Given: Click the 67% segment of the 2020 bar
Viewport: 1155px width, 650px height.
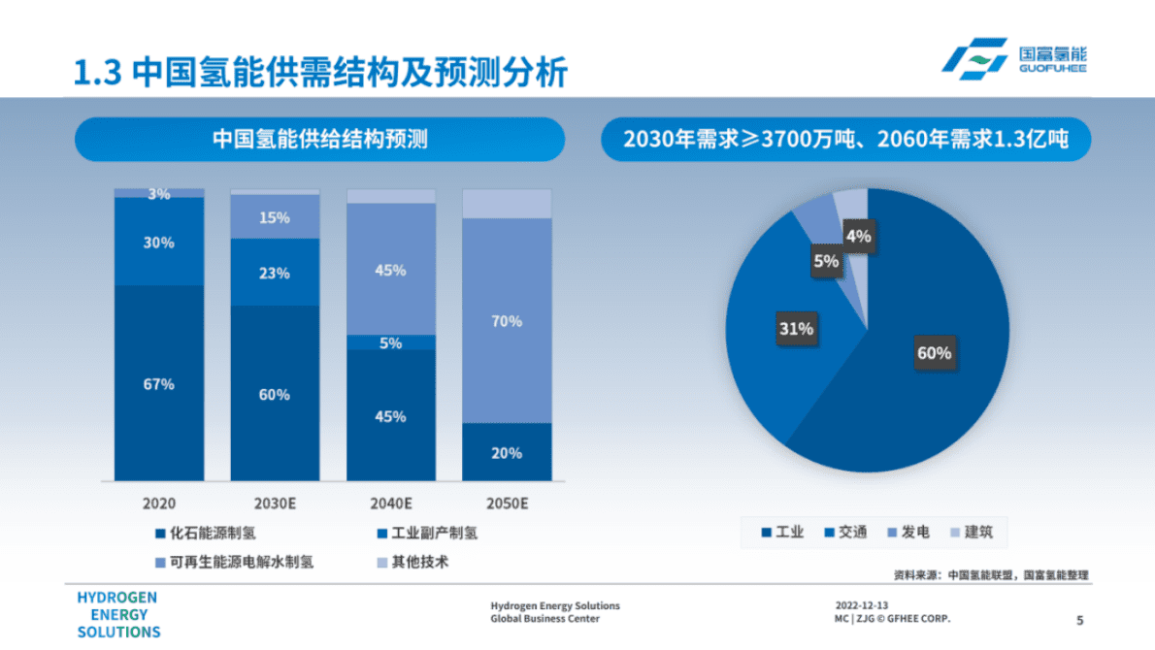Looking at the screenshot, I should tap(159, 384).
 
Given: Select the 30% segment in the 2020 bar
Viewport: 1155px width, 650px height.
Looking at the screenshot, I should tap(159, 242).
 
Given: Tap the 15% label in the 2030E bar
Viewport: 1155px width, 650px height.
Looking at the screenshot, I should tap(274, 218).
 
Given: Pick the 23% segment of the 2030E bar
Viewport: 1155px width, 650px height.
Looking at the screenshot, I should tap(274, 274).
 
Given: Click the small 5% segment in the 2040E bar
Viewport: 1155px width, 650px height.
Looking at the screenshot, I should tap(390, 342).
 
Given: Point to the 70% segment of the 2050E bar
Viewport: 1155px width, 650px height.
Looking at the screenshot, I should tap(507, 321).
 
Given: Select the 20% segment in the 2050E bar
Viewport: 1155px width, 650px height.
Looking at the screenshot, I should tap(507, 452).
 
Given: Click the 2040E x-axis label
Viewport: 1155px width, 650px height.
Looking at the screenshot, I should tap(390, 504).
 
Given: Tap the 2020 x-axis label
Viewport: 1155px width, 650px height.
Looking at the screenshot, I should tap(159, 504).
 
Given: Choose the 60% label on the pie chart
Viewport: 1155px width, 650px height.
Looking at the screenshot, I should tap(934, 353).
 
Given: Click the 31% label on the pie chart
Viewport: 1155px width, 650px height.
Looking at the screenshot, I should tap(795, 329).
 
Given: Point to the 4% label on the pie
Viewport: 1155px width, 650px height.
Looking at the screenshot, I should tap(858, 236).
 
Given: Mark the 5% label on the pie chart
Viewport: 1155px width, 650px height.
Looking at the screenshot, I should tap(826, 260).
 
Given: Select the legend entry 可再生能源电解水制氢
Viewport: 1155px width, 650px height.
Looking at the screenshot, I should tap(234, 562).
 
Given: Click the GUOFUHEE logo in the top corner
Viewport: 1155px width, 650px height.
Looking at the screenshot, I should tap(1013, 60).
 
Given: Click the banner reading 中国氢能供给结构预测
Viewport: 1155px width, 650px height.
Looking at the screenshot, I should tap(319, 140).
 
